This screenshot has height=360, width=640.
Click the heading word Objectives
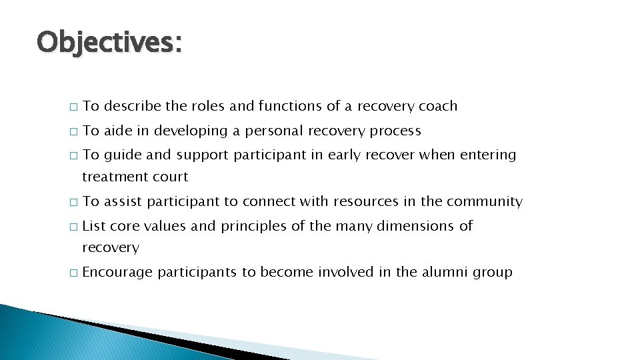point(109,43)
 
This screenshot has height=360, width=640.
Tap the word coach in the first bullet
point(437,106)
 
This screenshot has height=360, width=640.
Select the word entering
point(489,155)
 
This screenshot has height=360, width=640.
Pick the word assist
point(123,201)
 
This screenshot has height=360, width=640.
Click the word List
point(94,226)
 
